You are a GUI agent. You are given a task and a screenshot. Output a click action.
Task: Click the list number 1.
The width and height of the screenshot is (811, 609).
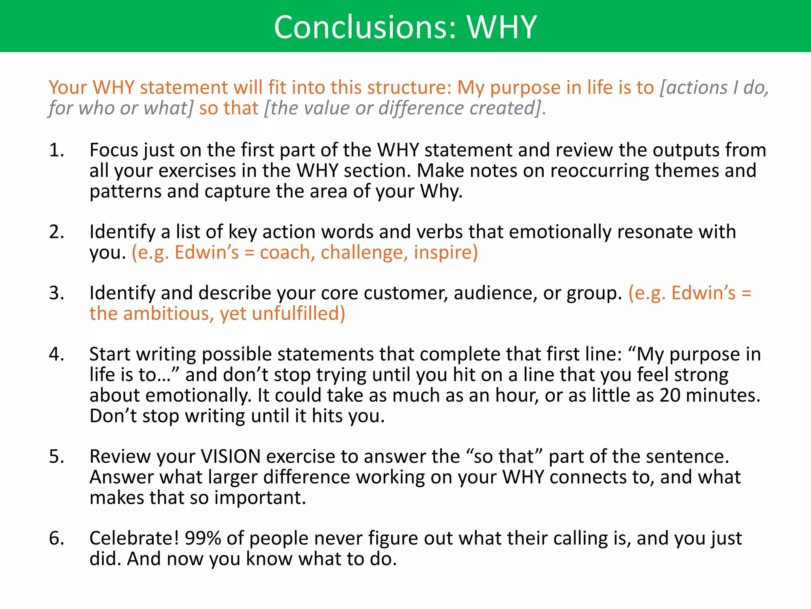[56, 150]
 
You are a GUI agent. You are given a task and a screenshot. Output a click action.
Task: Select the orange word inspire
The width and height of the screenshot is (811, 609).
[445, 253]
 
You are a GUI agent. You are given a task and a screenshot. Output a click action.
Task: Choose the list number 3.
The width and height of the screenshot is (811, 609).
[56, 293]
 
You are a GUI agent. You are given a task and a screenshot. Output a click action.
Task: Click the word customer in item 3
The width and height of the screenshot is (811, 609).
[405, 293]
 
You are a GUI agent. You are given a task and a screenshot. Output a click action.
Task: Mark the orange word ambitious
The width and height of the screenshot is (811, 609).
[169, 314]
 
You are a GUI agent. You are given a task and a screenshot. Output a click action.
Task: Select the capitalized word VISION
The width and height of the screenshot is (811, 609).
[230, 457]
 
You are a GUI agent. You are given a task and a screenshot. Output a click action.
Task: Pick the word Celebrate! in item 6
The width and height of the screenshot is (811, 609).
[134, 538]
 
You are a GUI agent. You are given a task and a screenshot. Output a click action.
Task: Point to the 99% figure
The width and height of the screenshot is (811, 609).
[203, 538]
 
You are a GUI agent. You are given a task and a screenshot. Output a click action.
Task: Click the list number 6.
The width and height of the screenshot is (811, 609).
[56, 538]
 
